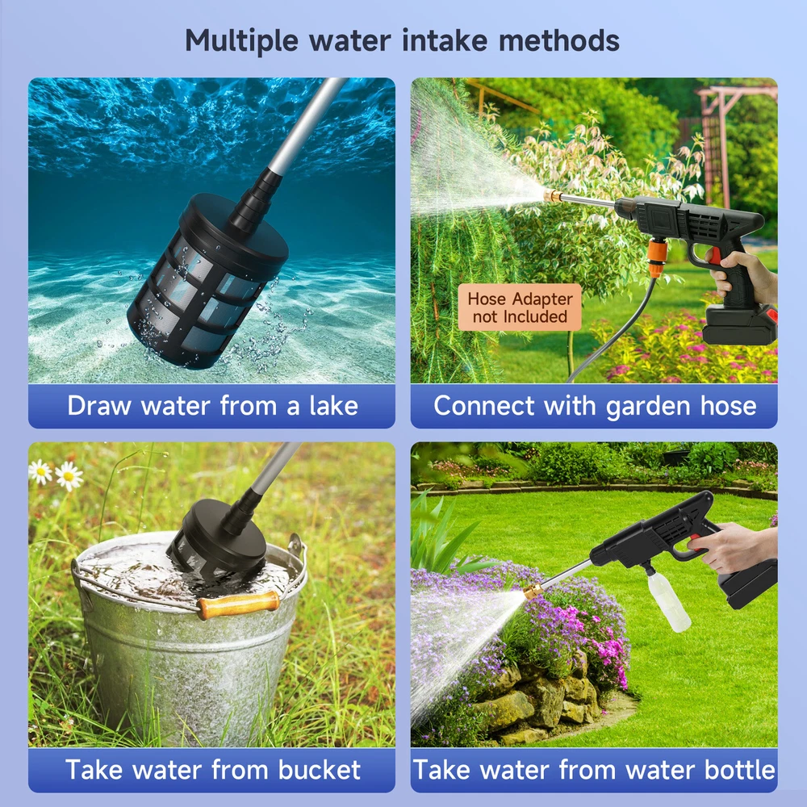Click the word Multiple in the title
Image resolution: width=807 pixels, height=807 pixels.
tap(241, 40)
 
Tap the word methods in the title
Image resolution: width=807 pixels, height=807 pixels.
tap(559, 40)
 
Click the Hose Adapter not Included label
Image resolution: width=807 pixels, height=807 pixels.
tap(519, 307)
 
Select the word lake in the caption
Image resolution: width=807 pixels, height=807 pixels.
tap(333, 406)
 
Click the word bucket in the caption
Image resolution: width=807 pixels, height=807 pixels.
tap(319, 770)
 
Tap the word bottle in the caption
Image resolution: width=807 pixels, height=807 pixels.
tap(739, 770)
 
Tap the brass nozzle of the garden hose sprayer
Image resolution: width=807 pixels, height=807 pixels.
tap(553, 195)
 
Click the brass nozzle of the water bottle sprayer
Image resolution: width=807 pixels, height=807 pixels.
tap(533, 591)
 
